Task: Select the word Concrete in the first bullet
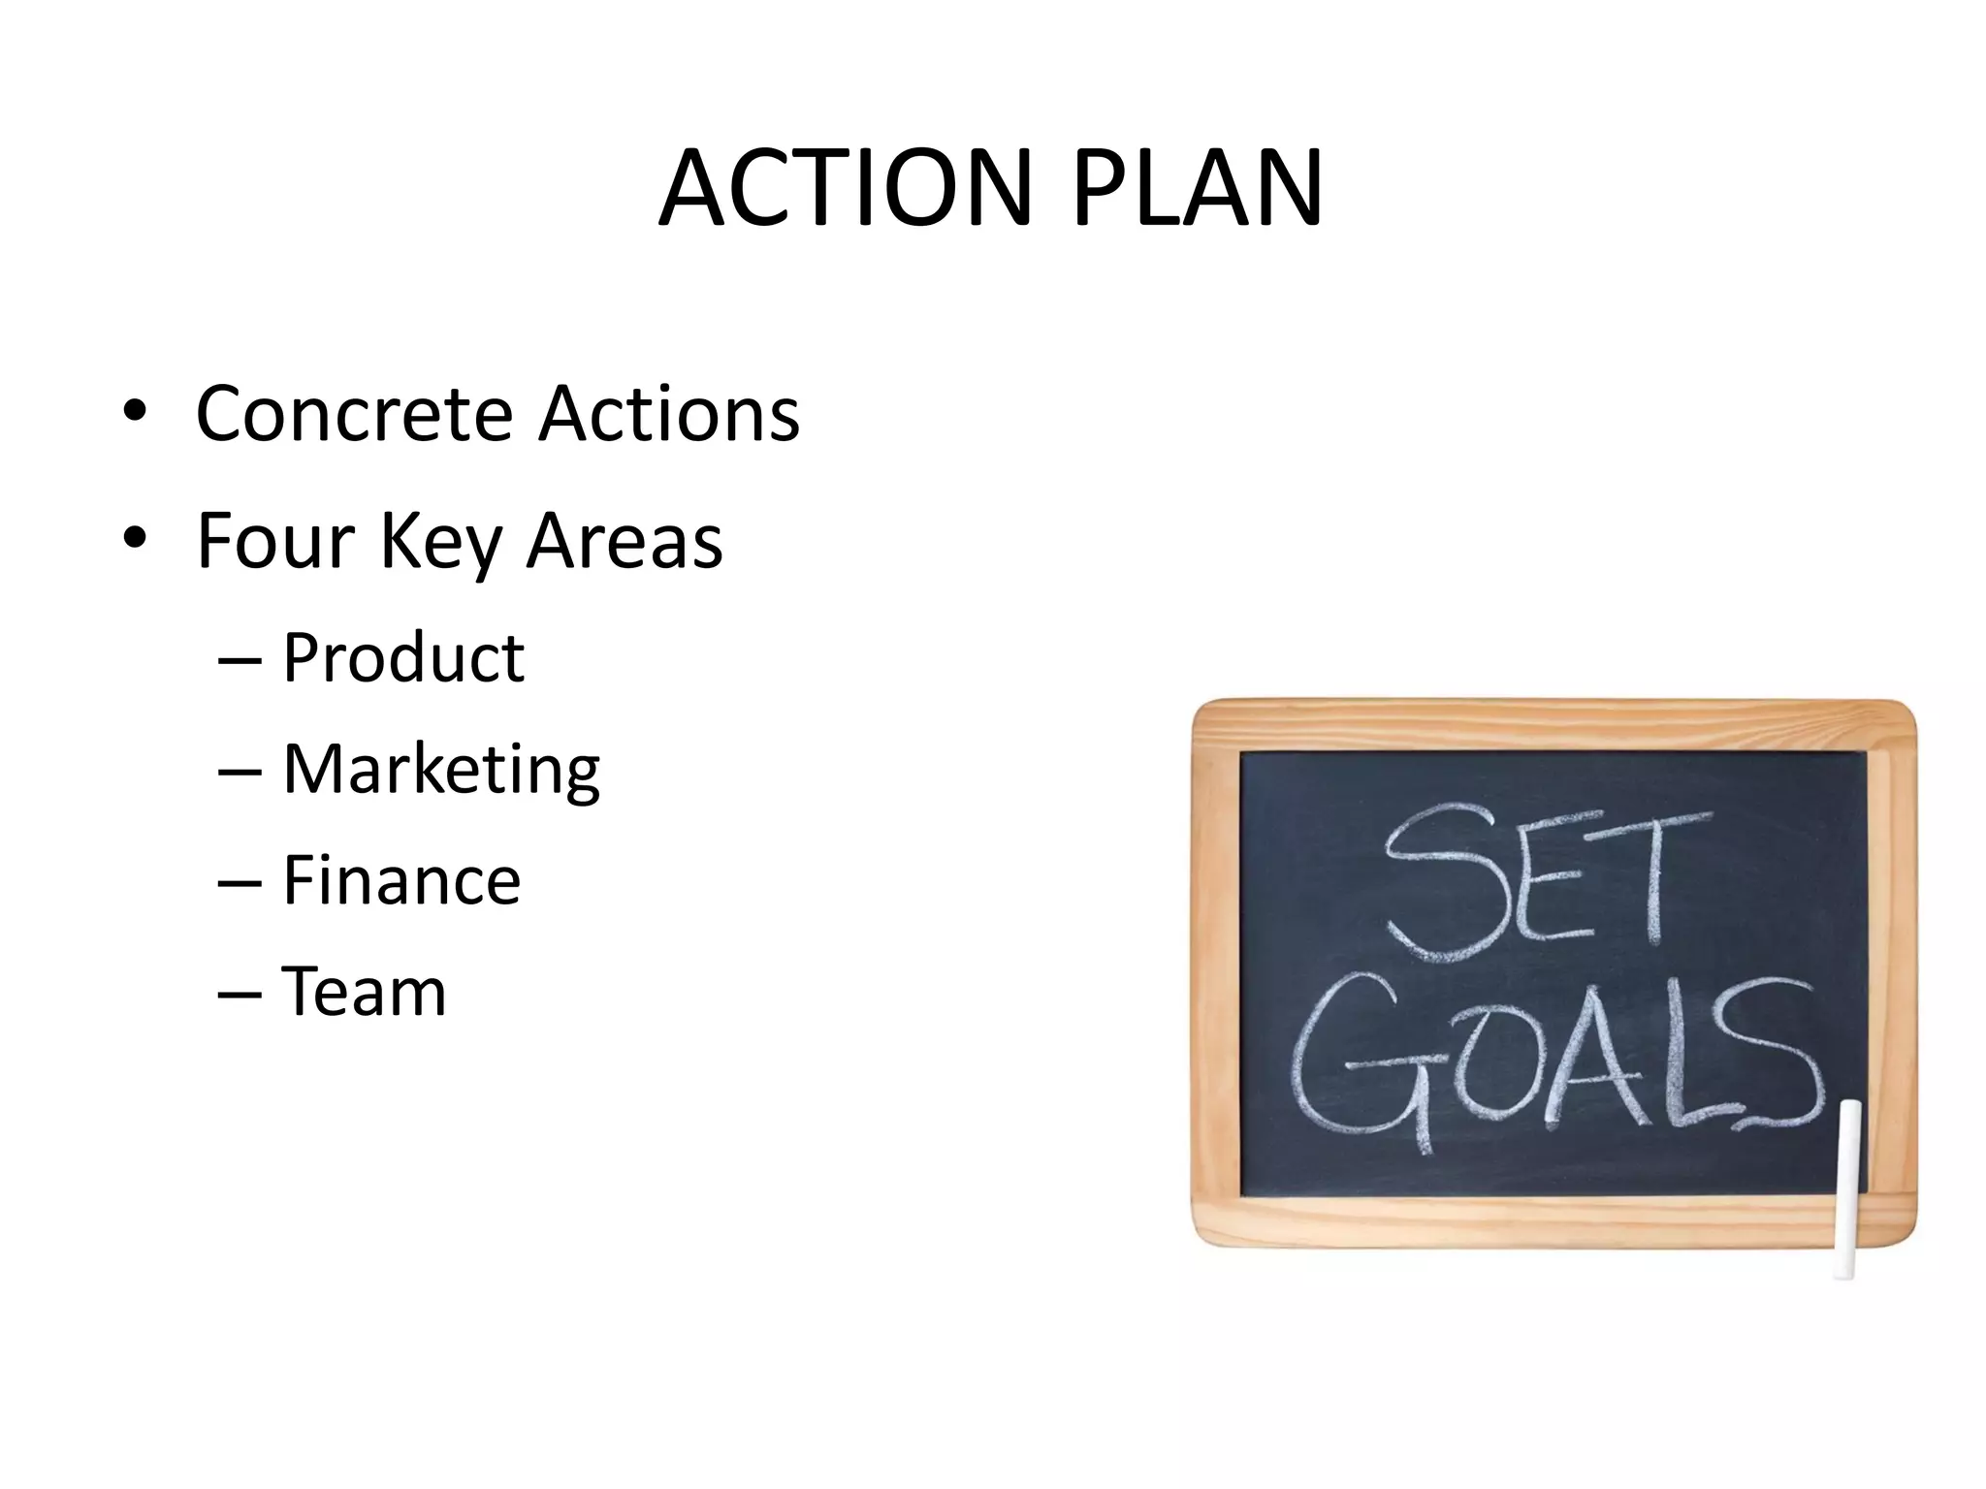(354, 414)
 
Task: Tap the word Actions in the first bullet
(669, 414)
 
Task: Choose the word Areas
(624, 540)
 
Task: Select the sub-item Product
(402, 658)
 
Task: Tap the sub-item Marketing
(441, 771)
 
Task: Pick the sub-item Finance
(401, 880)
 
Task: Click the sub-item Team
(364, 992)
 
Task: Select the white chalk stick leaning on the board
(1848, 1188)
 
